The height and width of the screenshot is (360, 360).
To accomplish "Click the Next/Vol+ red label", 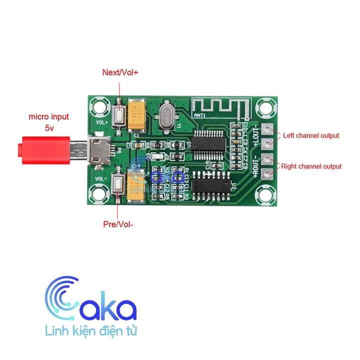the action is click(x=120, y=72).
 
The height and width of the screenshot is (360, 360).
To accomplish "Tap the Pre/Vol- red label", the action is click(x=118, y=224).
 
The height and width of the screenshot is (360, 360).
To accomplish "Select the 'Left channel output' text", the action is click(x=311, y=135).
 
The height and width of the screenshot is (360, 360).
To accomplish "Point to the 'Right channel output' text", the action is click(x=311, y=166).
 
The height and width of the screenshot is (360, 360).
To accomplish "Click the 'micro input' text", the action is click(x=48, y=117).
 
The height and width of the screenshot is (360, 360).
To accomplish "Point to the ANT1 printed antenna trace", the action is click(x=220, y=106).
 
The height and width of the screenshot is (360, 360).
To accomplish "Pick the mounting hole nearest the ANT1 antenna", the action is click(x=264, y=106).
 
